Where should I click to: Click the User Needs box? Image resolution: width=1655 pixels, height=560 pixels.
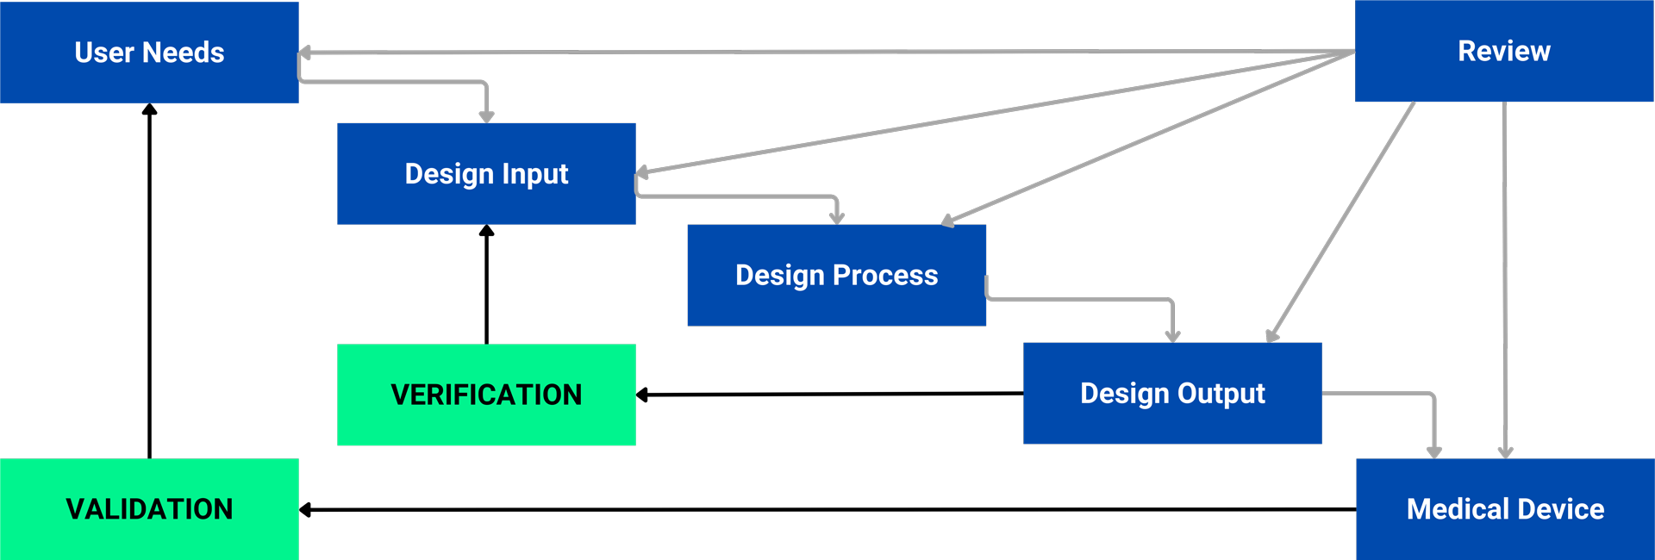(149, 52)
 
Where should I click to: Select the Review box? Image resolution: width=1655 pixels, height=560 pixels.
(1504, 51)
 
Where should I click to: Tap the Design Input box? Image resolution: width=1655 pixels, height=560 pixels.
(486, 173)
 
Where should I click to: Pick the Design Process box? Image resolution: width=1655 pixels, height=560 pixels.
(836, 275)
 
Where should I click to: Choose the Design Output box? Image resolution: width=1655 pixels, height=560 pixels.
(1172, 393)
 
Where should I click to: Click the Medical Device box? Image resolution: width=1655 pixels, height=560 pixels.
(1505, 508)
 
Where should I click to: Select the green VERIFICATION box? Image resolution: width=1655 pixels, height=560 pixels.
(486, 395)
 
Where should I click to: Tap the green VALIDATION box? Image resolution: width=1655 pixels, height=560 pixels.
(149, 508)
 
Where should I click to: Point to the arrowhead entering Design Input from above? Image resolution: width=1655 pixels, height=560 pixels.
(486, 116)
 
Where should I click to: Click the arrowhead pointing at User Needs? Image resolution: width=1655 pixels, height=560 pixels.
(304, 53)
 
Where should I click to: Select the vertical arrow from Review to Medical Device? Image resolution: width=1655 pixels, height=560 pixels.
(1505, 276)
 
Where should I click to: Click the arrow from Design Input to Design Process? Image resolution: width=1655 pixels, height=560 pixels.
(741, 196)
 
